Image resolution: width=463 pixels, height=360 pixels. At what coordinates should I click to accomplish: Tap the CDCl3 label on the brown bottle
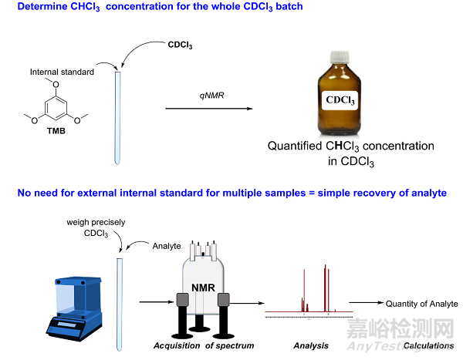[342, 101]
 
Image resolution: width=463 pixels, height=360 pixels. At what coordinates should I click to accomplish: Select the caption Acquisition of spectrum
[204, 345]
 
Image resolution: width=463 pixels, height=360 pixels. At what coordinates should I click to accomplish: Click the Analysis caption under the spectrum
[312, 345]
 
